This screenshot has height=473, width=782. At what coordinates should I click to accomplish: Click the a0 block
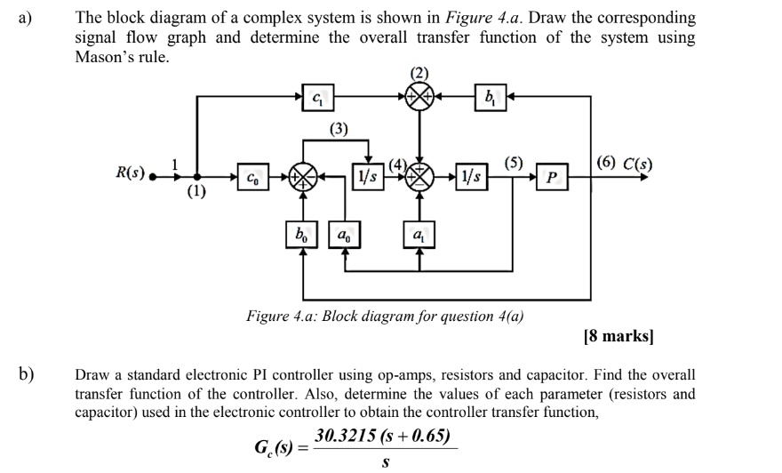pos(344,236)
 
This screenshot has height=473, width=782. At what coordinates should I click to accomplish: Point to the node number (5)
pos(514,163)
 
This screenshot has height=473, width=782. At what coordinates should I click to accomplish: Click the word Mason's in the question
pos(105,57)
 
